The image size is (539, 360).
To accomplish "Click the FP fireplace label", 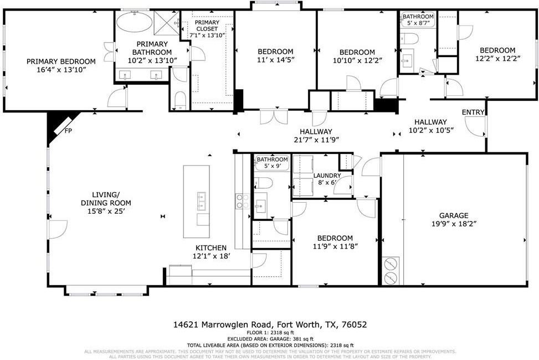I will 68,131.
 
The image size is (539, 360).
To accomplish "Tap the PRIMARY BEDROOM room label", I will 61,61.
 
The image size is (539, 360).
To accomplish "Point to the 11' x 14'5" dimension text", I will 275,60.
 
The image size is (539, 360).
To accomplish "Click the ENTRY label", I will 473,112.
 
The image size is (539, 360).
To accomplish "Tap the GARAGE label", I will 454,215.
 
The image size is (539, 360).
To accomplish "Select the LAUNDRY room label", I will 327,176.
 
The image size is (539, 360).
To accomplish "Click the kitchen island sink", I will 202,199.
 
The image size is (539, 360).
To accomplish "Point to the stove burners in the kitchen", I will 242,200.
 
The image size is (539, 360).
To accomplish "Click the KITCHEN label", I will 211,248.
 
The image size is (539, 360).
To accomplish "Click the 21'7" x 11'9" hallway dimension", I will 316,140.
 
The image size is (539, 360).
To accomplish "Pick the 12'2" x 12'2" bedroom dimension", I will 497,58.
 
